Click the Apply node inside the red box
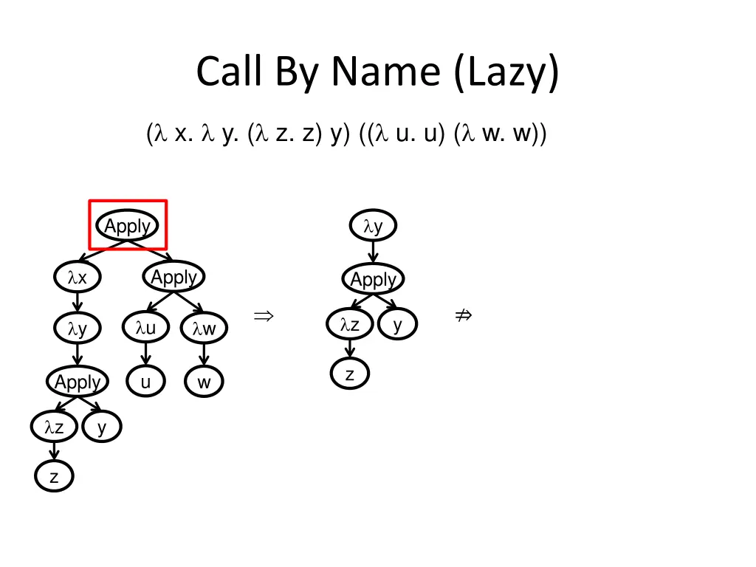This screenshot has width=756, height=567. click(128, 226)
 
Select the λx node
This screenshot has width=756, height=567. click(78, 278)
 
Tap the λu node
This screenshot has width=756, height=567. click(145, 329)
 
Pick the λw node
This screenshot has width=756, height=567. click(204, 329)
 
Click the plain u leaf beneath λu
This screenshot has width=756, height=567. click(145, 382)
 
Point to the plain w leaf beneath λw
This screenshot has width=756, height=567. click(204, 382)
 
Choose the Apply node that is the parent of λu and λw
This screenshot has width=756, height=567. click(173, 278)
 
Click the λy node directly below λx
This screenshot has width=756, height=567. click(78, 329)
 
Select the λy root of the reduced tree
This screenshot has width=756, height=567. click(374, 227)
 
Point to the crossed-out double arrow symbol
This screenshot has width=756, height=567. click(463, 316)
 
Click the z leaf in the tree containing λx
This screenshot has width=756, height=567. click(54, 477)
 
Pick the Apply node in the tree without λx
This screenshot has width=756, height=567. click(374, 279)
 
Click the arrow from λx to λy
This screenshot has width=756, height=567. click(78, 303)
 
